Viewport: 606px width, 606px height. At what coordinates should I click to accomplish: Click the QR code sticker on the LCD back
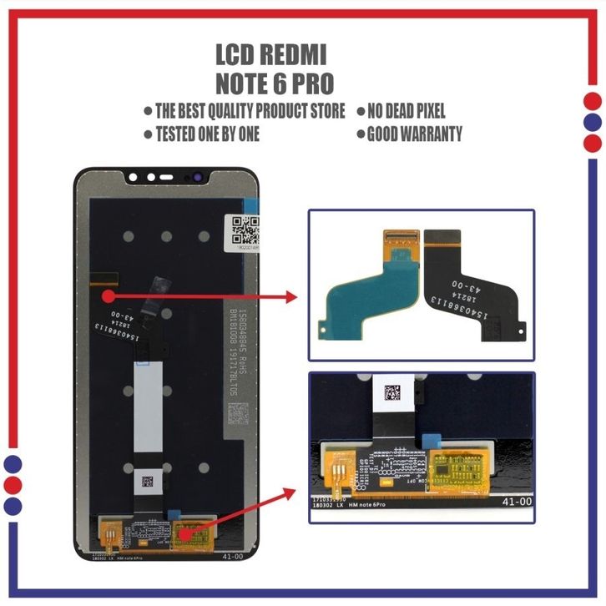coord(244,226)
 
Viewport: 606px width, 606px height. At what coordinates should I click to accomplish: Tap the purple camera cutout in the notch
coord(199,178)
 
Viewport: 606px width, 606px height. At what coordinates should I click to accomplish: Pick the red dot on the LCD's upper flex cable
coord(109,294)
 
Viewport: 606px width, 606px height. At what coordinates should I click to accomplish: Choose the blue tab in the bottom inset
coord(432,441)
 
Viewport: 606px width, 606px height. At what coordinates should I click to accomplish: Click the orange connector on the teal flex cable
coord(399,241)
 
